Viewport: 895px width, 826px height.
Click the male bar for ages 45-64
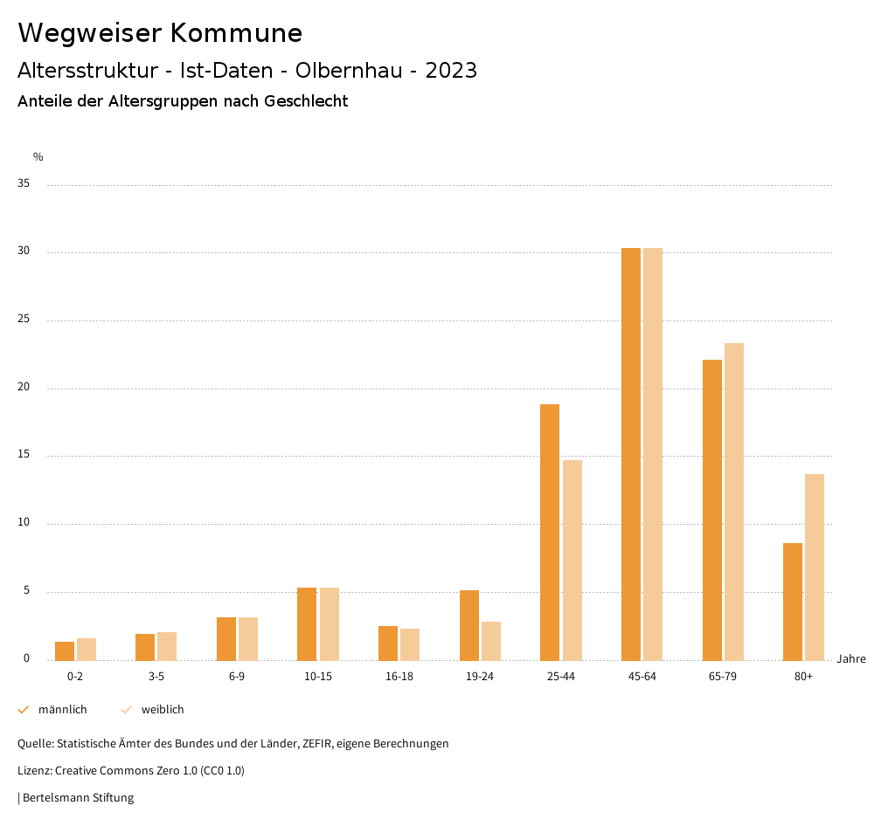pos(631,454)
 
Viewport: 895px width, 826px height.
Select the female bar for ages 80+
pos(815,567)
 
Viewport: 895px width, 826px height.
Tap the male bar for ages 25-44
pos(550,532)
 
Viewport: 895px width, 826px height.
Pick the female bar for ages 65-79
pos(734,501)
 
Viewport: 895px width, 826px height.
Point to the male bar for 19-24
pos(469,625)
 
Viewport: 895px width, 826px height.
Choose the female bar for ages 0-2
pos(87,649)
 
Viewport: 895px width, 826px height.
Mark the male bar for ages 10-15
pos(307,623)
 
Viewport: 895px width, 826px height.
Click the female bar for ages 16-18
pos(410,644)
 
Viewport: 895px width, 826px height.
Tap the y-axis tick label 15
pos(24,455)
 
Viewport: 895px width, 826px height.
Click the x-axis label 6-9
pos(237,677)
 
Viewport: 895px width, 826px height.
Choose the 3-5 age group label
pos(156,677)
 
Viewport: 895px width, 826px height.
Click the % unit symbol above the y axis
pos(38,157)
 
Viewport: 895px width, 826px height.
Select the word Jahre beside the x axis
pos(850,659)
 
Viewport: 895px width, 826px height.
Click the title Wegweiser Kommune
pos(160,33)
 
